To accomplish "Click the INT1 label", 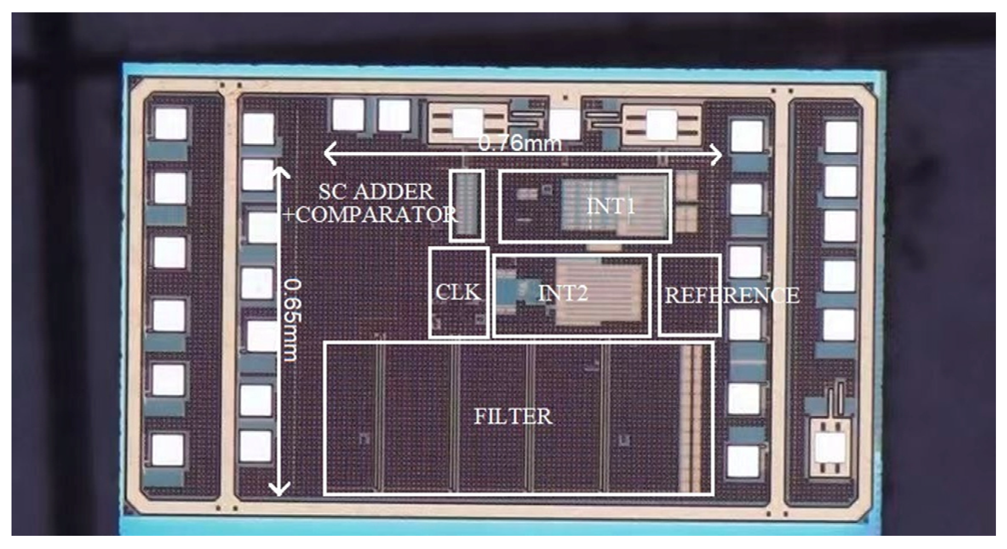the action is tap(611, 206).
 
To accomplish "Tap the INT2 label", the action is tap(563, 293).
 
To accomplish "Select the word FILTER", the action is tap(513, 416).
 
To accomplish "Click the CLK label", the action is tap(458, 292).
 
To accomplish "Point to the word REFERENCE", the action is tap(732, 295).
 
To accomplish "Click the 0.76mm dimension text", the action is tap(520, 143).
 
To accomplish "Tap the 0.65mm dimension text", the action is tap(293, 320).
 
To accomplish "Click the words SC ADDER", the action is tap(376, 192).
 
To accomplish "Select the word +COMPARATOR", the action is tap(370, 214).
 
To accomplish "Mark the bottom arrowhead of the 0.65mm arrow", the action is tap(279, 491).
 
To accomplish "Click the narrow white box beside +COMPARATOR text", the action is tap(467, 206).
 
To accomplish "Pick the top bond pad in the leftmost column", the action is tap(171, 124).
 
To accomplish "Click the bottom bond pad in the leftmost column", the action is tap(168, 450).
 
